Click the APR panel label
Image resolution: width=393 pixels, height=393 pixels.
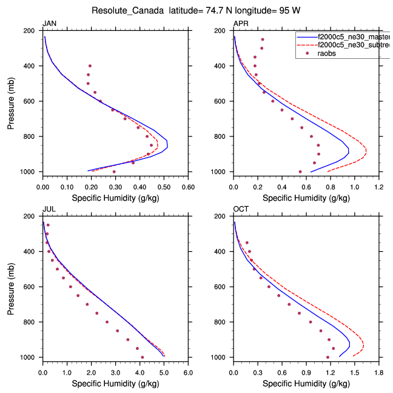point(240,24)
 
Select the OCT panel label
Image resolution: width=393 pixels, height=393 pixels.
point(241,209)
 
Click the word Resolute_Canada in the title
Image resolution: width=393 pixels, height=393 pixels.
point(127,11)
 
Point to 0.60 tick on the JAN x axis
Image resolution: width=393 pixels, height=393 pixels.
point(188,181)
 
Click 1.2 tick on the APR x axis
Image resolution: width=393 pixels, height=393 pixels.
point(379,181)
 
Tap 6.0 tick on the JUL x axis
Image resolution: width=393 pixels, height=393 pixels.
point(188,366)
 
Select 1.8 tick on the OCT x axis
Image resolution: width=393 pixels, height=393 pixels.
point(379,366)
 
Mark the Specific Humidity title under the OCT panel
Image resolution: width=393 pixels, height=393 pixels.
point(306,383)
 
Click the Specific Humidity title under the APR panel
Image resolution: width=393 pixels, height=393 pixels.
point(306,198)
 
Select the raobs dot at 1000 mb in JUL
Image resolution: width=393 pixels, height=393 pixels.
point(143,357)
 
